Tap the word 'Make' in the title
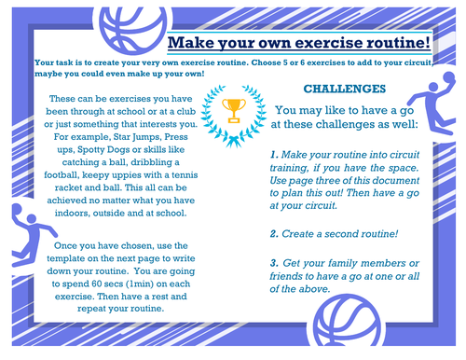(x=192, y=43)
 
